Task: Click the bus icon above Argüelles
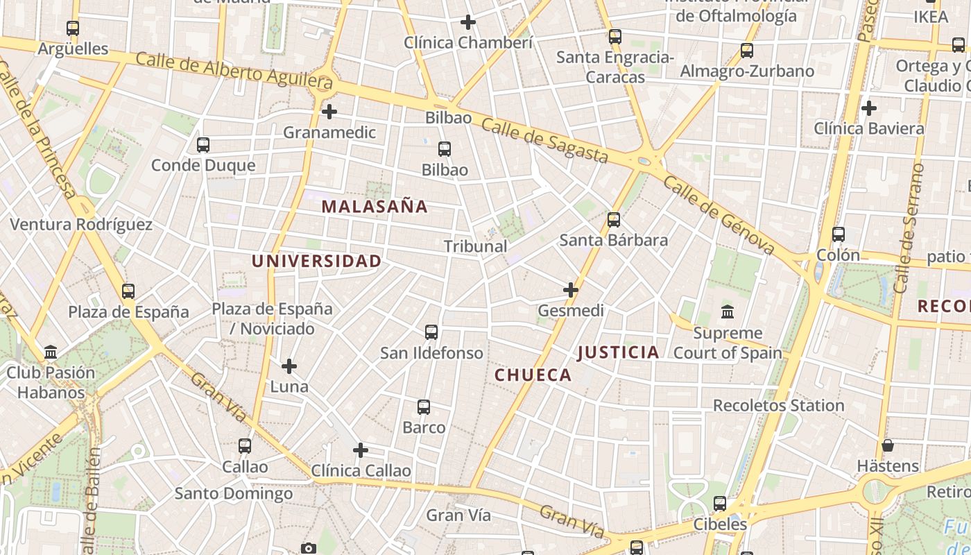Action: click(x=73, y=28)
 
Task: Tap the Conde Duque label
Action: click(x=203, y=165)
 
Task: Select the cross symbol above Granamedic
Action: click(x=329, y=111)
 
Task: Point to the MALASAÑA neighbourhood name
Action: click(x=375, y=206)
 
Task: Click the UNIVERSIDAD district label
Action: click(x=316, y=261)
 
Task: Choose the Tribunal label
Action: click(x=475, y=246)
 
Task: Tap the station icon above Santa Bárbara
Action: click(x=614, y=220)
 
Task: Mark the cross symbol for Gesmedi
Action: click(x=571, y=290)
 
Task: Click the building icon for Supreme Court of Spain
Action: click(x=728, y=312)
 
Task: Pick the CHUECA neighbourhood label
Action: click(x=533, y=375)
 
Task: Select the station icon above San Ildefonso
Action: click(x=431, y=332)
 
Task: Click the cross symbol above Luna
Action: click(x=289, y=366)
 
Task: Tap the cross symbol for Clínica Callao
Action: click(x=361, y=450)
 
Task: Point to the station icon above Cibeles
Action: click(x=720, y=504)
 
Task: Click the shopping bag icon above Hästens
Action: click(x=888, y=445)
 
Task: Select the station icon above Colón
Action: click(x=839, y=234)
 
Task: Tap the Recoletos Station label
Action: click(x=778, y=405)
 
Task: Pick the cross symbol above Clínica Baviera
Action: click(x=868, y=108)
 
